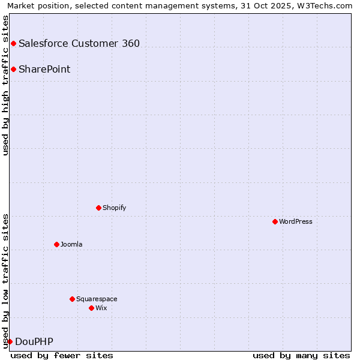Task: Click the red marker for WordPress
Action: pyautogui.click(x=275, y=221)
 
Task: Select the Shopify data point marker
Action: pyautogui.click(x=98, y=208)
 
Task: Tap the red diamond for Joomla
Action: pyautogui.click(x=56, y=244)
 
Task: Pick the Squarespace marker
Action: pyautogui.click(x=72, y=299)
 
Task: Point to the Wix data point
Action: pyautogui.click(x=91, y=308)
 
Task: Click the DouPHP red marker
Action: pyautogui.click(x=10, y=341)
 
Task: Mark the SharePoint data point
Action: pyautogui.click(x=13, y=69)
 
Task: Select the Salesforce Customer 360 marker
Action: pyautogui.click(x=13, y=43)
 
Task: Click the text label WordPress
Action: pyautogui.click(x=296, y=221)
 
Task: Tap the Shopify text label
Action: pyautogui.click(x=115, y=208)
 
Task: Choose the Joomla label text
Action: pyautogui.click(x=71, y=244)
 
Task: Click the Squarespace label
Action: pyautogui.click(x=97, y=299)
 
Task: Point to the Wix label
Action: pyautogui.click(x=101, y=308)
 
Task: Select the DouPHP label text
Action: pyautogui.click(x=34, y=341)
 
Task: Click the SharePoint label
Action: pyautogui.click(x=44, y=69)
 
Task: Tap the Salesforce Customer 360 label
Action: pyautogui.click(x=79, y=43)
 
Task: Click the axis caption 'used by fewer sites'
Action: pyautogui.click(x=62, y=355)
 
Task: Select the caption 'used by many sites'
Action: pyautogui.click(x=301, y=355)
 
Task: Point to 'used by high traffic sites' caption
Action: pyautogui.click(x=6, y=85)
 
